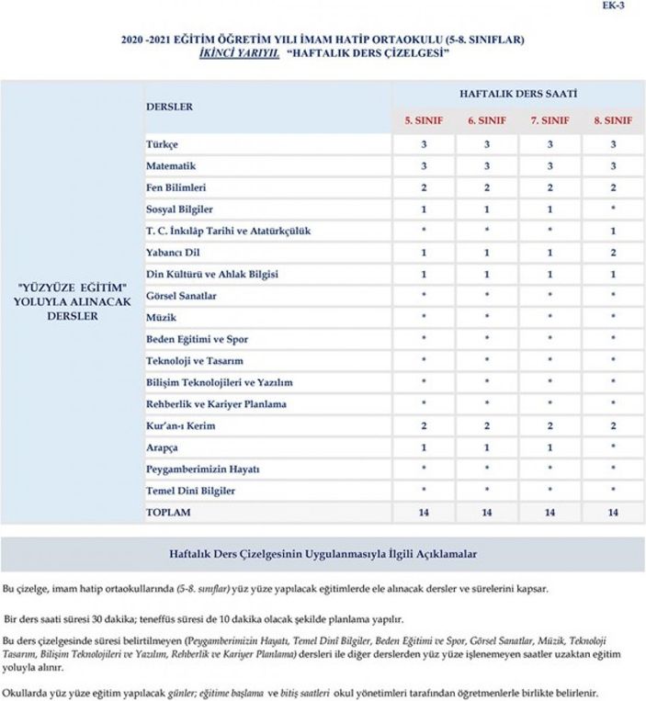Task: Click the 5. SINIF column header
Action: point(424,120)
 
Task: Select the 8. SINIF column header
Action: point(613,120)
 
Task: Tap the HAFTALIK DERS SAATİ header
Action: point(518,95)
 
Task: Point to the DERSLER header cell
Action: point(170,107)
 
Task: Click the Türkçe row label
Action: point(162,145)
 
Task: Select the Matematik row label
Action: point(171,166)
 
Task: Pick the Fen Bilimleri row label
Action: point(176,188)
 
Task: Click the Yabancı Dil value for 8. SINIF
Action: point(613,253)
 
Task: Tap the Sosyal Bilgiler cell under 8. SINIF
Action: point(613,209)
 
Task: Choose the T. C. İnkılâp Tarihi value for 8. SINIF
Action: point(613,231)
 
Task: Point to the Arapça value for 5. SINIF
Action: point(424,447)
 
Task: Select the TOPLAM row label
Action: point(169,512)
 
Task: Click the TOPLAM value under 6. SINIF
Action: point(486,512)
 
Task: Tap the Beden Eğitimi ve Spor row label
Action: point(198,339)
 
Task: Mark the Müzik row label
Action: point(161,317)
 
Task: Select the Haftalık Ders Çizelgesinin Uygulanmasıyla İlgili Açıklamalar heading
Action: point(323,555)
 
